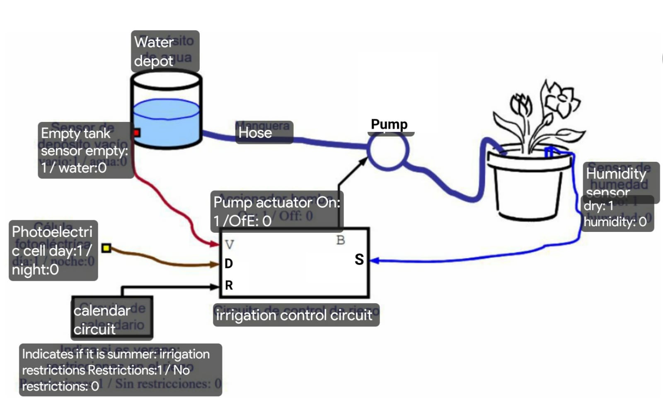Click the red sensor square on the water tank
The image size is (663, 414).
(x=136, y=133)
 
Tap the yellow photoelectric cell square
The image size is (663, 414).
(x=106, y=248)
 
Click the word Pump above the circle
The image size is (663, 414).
(x=389, y=124)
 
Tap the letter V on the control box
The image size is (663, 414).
(x=230, y=244)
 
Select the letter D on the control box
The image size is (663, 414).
(x=229, y=263)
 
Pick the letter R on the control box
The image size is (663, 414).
(x=229, y=285)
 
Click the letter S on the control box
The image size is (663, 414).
(x=359, y=260)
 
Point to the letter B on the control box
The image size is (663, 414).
(x=341, y=240)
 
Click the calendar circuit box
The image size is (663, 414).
(x=112, y=319)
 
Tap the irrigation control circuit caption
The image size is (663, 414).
(x=296, y=315)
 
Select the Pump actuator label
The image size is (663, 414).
(x=277, y=211)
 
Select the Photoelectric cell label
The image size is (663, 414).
(x=53, y=251)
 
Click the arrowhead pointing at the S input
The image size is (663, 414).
(x=374, y=261)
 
